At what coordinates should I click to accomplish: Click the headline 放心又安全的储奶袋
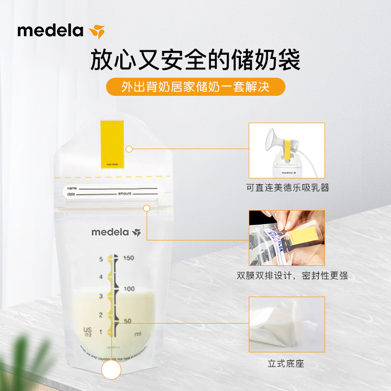click(195, 60)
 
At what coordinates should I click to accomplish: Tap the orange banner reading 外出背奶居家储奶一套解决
click(195, 87)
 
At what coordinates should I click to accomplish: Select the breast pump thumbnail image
click(286, 150)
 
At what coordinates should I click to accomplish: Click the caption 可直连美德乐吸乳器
click(286, 187)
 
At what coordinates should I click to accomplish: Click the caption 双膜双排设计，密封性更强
click(292, 276)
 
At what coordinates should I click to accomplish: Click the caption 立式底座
click(286, 364)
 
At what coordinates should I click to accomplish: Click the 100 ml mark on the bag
click(129, 289)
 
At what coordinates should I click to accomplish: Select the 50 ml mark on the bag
click(127, 321)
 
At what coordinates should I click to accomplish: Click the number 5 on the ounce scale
click(101, 259)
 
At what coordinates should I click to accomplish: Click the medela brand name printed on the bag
click(110, 232)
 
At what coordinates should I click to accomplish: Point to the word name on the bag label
click(72, 188)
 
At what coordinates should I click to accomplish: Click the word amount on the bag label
click(124, 194)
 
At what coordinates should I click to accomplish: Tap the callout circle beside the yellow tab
click(129, 149)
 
